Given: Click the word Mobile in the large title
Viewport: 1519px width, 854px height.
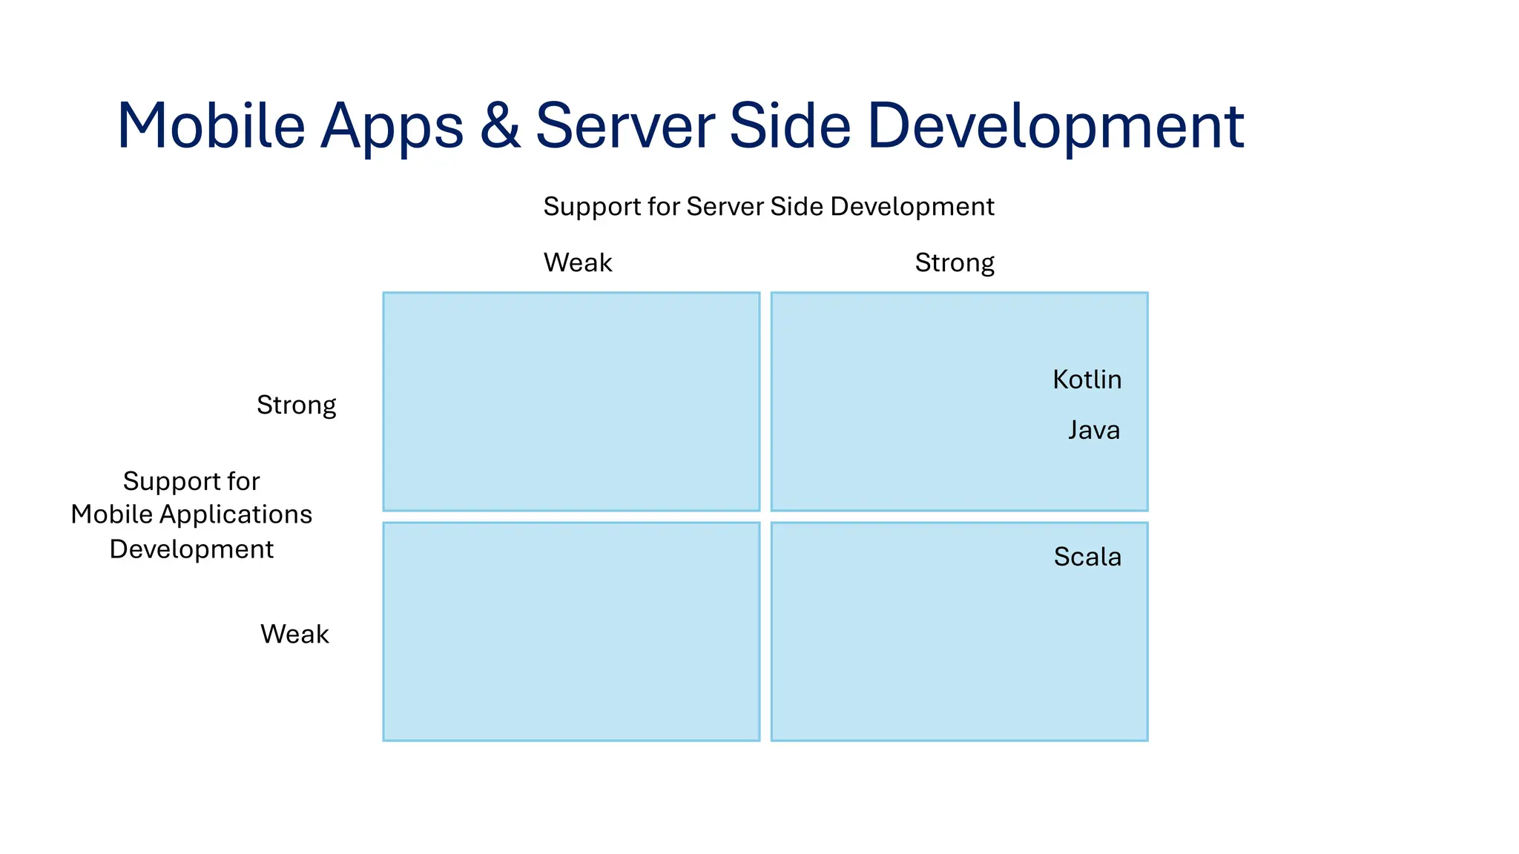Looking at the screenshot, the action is tap(211, 126).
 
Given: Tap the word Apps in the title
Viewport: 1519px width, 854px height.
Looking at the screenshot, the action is tap(392, 128).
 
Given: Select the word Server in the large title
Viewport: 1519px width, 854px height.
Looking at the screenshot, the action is tap(625, 126).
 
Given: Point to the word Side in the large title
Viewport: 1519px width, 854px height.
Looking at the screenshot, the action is tap(790, 126).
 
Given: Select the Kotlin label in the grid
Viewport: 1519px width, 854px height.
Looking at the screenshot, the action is tap(1087, 380).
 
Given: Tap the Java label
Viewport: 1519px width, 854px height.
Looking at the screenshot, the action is tap(1094, 430).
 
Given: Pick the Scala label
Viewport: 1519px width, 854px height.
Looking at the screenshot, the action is tap(1087, 557).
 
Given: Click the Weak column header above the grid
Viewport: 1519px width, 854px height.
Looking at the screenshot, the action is tap(578, 262).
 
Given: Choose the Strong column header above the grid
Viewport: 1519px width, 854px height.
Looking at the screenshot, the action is tap(955, 263).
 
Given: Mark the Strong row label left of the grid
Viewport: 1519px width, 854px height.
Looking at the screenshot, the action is tap(296, 406).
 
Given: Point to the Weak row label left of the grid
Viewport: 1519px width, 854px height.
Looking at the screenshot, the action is tap(294, 634).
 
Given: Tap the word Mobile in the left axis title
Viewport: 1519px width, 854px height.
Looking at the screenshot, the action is tap(111, 514).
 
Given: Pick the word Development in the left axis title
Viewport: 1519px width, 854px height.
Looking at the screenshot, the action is tap(191, 549).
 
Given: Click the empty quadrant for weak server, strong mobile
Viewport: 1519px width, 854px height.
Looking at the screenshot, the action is tap(571, 401).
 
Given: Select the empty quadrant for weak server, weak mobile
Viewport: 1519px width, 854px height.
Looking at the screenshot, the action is tap(571, 631).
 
